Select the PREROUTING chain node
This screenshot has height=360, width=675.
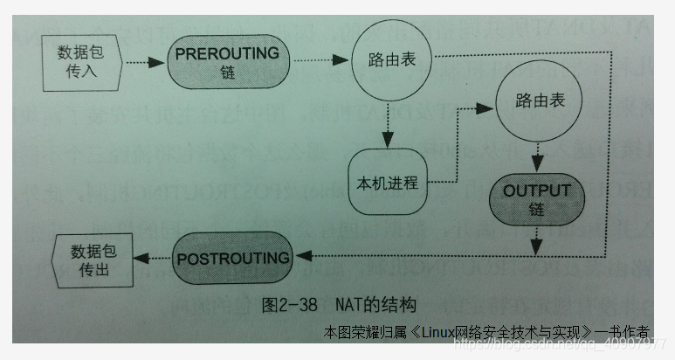click(x=226, y=61)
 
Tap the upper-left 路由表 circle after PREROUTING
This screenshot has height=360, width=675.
click(x=386, y=61)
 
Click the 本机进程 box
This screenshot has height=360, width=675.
click(x=388, y=183)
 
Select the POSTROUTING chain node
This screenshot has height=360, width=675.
click(x=231, y=259)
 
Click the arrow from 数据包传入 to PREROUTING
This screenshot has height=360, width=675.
click(x=146, y=62)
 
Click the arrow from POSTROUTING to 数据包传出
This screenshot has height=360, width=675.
click(x=156, y=259)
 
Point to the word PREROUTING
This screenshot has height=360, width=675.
click(x=226, y=53)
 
